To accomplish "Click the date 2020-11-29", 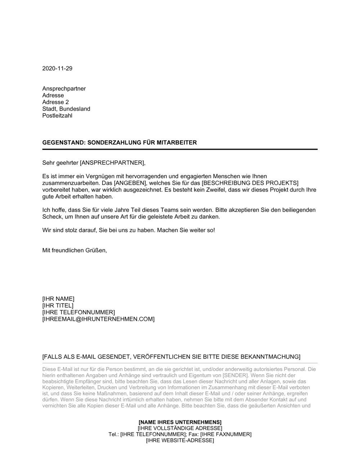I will click(x=57, y=68).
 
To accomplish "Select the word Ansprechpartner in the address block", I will click(x=64, y=88).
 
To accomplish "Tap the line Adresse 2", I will click(x=55, y=102).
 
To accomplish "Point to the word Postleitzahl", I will click(x=57, y=115).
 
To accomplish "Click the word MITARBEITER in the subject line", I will click(x=177, y=142).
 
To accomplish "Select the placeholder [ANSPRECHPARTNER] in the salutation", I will click(x=112, y=163).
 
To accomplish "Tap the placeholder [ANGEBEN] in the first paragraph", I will click(x=131, y=183).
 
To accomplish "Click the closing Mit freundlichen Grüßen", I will click(x=75, y=250).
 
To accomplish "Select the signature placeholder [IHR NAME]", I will click(x=58, y=299).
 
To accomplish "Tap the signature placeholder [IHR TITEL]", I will click(x=58, y=305).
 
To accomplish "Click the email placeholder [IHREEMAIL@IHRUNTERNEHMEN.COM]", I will click(x=98, y=319).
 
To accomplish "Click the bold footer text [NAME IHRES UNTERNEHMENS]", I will click(x=180, y=422).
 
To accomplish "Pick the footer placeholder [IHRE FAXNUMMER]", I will click(x=226, y=434).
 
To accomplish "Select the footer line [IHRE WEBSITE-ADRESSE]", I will click(x=180, y=440).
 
